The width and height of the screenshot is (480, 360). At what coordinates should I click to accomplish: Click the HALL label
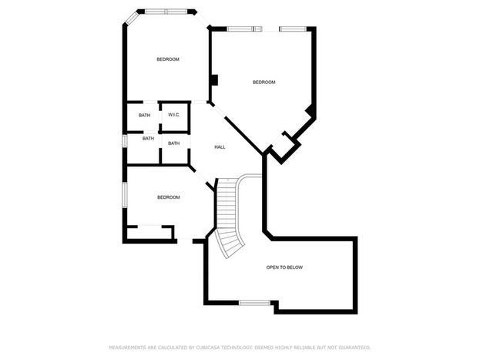220,147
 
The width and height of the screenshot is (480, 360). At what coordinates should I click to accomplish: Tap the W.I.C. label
174,115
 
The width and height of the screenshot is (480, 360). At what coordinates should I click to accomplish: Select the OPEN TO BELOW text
284,267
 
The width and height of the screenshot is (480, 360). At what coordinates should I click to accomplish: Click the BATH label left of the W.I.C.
145,115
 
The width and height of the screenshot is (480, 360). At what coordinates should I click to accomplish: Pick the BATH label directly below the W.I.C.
174,143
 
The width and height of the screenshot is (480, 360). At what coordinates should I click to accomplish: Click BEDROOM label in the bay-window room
168,59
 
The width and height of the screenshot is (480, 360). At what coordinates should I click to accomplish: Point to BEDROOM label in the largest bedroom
263,82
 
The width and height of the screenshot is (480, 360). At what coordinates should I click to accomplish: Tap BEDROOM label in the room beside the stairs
169,197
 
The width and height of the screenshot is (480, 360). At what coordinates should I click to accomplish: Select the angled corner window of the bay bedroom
132,18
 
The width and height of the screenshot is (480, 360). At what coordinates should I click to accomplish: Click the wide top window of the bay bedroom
166,12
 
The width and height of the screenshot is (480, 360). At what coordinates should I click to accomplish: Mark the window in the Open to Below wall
255,303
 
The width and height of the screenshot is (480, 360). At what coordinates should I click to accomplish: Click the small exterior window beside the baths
125,141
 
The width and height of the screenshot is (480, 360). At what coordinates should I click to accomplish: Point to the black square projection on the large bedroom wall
215,80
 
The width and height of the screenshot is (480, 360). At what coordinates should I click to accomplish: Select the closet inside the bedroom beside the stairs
149,232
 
